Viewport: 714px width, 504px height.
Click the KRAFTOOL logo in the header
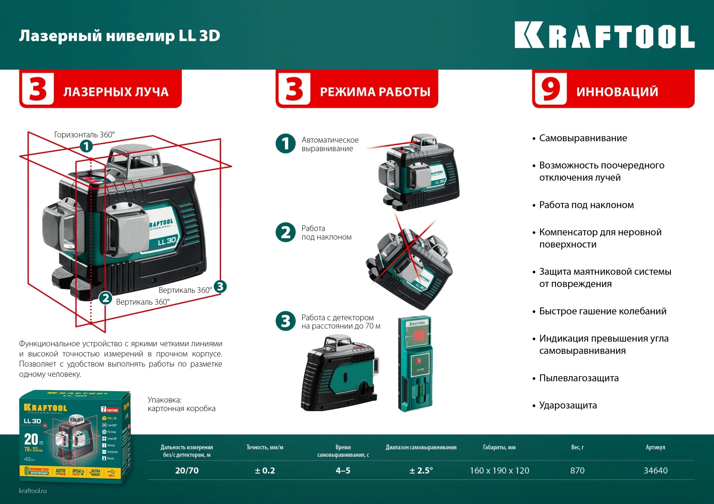604,36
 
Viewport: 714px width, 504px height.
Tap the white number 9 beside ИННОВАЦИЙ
550,89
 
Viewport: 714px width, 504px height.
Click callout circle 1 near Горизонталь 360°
86,146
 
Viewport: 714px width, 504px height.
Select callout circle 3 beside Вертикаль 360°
220,286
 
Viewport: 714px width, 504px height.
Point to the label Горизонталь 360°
84,134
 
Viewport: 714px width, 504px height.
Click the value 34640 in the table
655,471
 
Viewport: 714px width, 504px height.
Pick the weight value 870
577,471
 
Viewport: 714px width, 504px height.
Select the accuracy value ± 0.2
265,471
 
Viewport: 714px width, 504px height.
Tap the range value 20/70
187,471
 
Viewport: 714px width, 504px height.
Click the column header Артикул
655,447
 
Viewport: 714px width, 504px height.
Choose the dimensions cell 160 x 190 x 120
499,471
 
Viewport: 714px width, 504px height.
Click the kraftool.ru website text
33,491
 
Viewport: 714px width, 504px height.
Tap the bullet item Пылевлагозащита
579,378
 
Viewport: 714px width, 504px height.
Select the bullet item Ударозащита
568,405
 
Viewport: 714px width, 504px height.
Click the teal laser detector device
415,364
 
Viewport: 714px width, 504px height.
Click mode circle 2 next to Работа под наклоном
286,233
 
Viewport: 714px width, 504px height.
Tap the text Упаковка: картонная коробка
181,404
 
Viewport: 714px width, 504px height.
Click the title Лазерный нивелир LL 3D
119,36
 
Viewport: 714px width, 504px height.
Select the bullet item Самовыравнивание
583,138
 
